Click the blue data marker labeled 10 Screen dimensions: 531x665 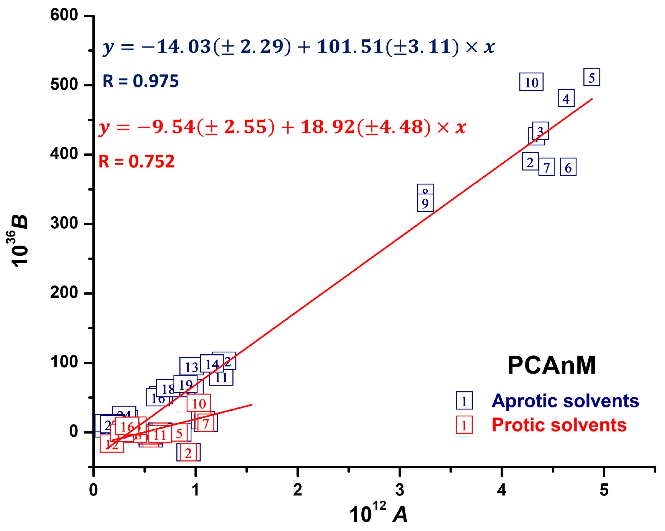pyautogui.click(x=531, y=82)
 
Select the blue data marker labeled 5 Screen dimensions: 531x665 pyautogui.click(x=592, y=77)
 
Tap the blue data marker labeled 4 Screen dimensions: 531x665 pyautogui.click(x=566, y=98)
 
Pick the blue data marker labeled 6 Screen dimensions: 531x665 pyautogui.click(x=568, y=167)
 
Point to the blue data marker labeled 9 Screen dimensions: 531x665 pyautogui.click(x=425, y=203)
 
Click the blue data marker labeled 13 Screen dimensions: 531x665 pyautogui.click(x=191, y=366)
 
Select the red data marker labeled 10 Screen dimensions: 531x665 pyautogui.click(x=199, y=403)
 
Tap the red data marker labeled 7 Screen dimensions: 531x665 pyautogui.click(x=206, y=423)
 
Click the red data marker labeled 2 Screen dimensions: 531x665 pyautogui.click(x=188, y=453)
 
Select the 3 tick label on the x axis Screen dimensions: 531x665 pyautogui.click(x=399, y=490)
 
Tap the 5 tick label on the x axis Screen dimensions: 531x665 pyautogui.click(x=604, y=490)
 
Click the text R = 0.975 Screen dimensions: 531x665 pyautogui.click(x=140, y=81)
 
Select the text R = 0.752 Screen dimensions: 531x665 pyautogui.click(x=136, y=161)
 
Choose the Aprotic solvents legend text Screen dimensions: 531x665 pyautogui.click(x=565, y=401)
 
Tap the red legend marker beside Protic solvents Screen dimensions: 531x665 pyautogui.click(x=464, y=425)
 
